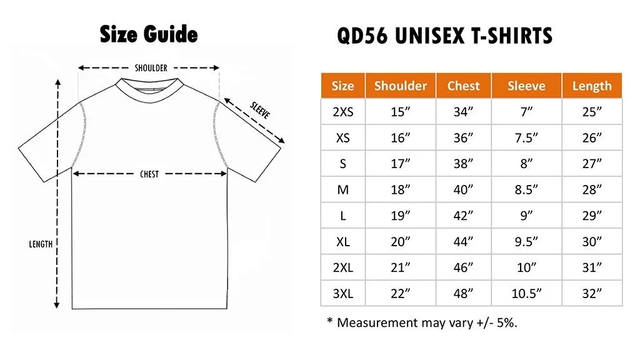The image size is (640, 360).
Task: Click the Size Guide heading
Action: point(149,34)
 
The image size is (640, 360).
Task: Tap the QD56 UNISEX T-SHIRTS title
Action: point(444,36)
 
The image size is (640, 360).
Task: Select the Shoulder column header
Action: point(400,86)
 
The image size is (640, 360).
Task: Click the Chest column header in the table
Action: point(463,86)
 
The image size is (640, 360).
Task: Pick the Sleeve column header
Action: point(526,86)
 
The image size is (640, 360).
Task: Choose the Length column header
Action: point(591,86)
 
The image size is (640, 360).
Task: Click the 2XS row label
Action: point(342,112)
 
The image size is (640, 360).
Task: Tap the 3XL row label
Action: point(342,293)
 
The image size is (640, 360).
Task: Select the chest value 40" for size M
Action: point(463,189)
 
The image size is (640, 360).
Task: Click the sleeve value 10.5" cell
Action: point(526,293)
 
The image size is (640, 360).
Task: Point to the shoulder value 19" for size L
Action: point(400,215)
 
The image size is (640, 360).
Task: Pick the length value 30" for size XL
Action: point(591,241)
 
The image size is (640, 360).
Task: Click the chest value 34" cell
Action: point(463,112)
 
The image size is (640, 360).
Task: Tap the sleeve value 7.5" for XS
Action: point(526,137)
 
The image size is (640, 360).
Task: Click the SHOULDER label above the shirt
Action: point(151,68)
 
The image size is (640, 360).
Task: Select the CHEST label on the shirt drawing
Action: point(149,174)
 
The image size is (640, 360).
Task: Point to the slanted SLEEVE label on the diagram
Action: point(260,111)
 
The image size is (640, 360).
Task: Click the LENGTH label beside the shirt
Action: point(41,244)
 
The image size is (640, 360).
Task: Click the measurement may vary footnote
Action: point(422,322)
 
